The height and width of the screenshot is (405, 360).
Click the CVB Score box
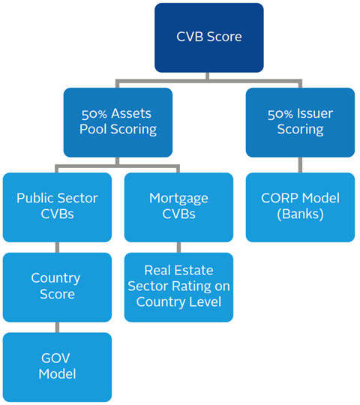click(x=209, y=37)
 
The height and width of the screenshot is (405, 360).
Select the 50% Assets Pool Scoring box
click(x=118, y=122)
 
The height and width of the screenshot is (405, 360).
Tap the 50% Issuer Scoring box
click(x=300, y=122)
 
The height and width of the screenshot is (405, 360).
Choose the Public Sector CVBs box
click(x=57, y=208)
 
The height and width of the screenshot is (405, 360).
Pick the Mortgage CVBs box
click(x=178, y=208)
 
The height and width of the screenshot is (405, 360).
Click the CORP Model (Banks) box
click(x=300, y=208)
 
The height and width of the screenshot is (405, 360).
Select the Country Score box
click(x=57, y=287)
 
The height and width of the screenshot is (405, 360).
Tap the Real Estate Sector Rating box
click(x=178, y=287)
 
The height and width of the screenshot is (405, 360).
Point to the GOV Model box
click(x=57, y=367)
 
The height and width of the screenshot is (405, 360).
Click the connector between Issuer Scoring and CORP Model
click(x=300, y=165)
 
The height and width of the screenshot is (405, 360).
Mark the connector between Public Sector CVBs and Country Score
click(x=57, y=247)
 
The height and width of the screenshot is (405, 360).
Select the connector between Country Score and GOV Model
click(x=57, y=327)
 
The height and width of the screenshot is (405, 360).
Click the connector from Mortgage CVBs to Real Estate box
click(x=178, y=247)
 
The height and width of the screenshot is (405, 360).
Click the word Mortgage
click(x=178, y=199)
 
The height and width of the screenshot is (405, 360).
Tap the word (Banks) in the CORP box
click(x=300, y=214)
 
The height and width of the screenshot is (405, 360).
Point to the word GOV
click(x=55, y=358)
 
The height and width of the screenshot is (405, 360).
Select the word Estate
click(x=193, y=271)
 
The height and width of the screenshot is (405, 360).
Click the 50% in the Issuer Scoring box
click(x=280, y=114)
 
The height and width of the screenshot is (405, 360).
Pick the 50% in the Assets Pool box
click(x=94, y=114)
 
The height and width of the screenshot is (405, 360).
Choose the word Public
click(x=33, y=198)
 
